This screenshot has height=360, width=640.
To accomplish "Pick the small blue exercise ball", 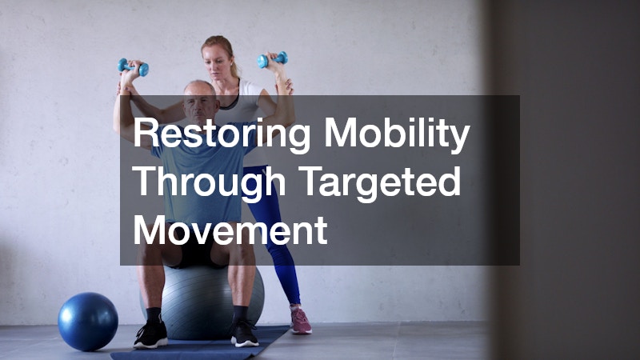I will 88,320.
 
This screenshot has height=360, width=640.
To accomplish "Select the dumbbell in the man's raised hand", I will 133,68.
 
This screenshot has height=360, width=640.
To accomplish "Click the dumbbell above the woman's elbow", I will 273,60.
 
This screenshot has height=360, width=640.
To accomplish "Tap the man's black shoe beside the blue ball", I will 150,334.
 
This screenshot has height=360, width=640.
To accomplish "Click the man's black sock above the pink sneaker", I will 240,313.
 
